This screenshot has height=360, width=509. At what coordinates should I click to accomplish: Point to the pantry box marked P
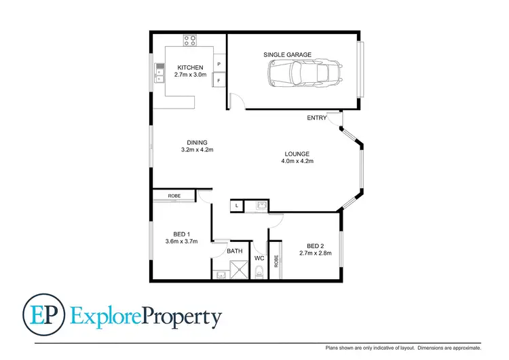[219, 65]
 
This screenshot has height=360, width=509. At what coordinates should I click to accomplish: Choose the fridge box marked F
[219, 81]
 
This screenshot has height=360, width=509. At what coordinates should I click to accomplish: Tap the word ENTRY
[316, 118]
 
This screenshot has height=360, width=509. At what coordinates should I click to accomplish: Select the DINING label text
[197, 142]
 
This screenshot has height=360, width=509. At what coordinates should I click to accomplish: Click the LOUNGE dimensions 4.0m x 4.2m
[297, 162]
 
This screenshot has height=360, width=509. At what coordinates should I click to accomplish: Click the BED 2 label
[316, 246]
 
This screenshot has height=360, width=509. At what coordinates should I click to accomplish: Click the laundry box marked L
[236, 204]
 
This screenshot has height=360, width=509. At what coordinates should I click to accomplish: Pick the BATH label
[235, 251]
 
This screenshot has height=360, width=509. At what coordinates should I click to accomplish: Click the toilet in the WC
[259, 273]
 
